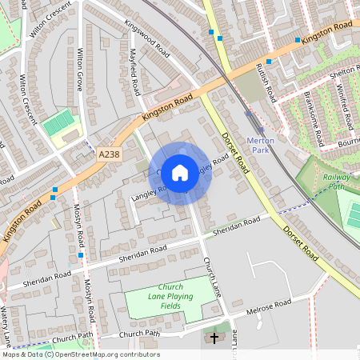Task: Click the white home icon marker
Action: pos(180,171)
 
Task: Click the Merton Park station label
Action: pos(262,145)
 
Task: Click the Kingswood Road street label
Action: pos(147,37)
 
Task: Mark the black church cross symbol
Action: pos(214,338)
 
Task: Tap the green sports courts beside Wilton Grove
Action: pos(58,123)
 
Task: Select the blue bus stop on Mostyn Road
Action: pos(81,255)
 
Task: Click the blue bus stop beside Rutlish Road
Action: pos(268,61)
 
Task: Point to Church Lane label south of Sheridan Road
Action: pos(211,274)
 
